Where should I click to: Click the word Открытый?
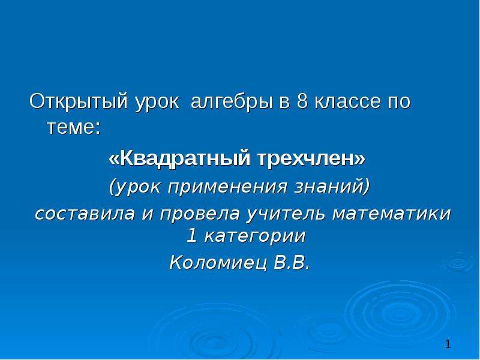[x=78, y=101]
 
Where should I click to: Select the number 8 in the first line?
[x=302, y=101]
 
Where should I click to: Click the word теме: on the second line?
[x=74, y=128]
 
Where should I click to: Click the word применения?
[x=227, y=187]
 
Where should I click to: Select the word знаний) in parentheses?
[x=332, y=186]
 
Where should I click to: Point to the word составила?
[x=85, y=214]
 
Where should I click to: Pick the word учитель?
[x=286, y=214]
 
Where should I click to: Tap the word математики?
[x=392, y=214]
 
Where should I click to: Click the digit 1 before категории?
[x=191, y=236]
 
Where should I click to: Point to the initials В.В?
[x=292, y=263]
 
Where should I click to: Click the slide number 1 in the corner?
[x=448, y=344]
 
